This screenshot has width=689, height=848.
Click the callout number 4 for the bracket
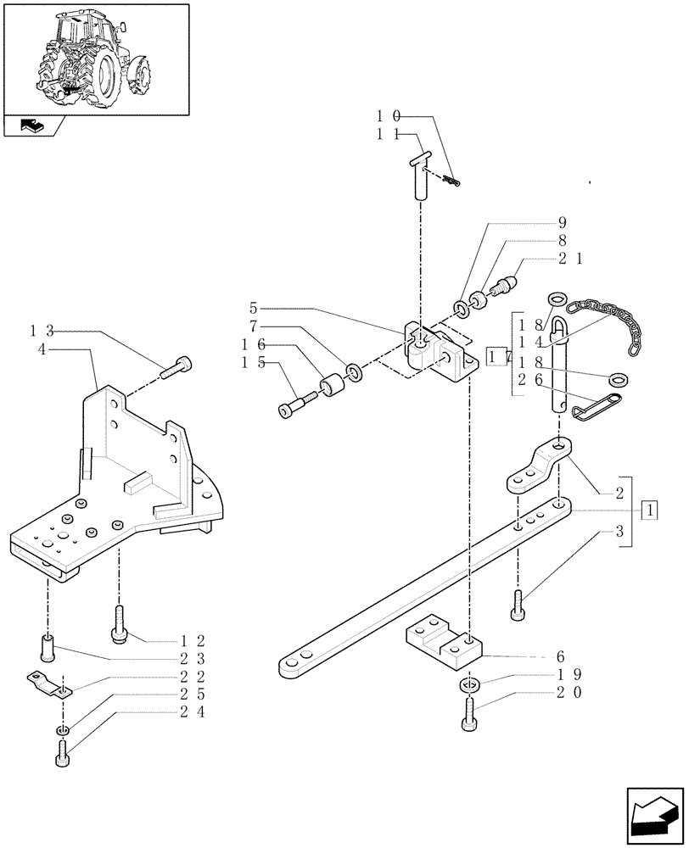point(42,348)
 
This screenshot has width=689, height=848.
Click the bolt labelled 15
point(293,404)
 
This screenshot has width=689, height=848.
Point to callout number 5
point(254,307)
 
